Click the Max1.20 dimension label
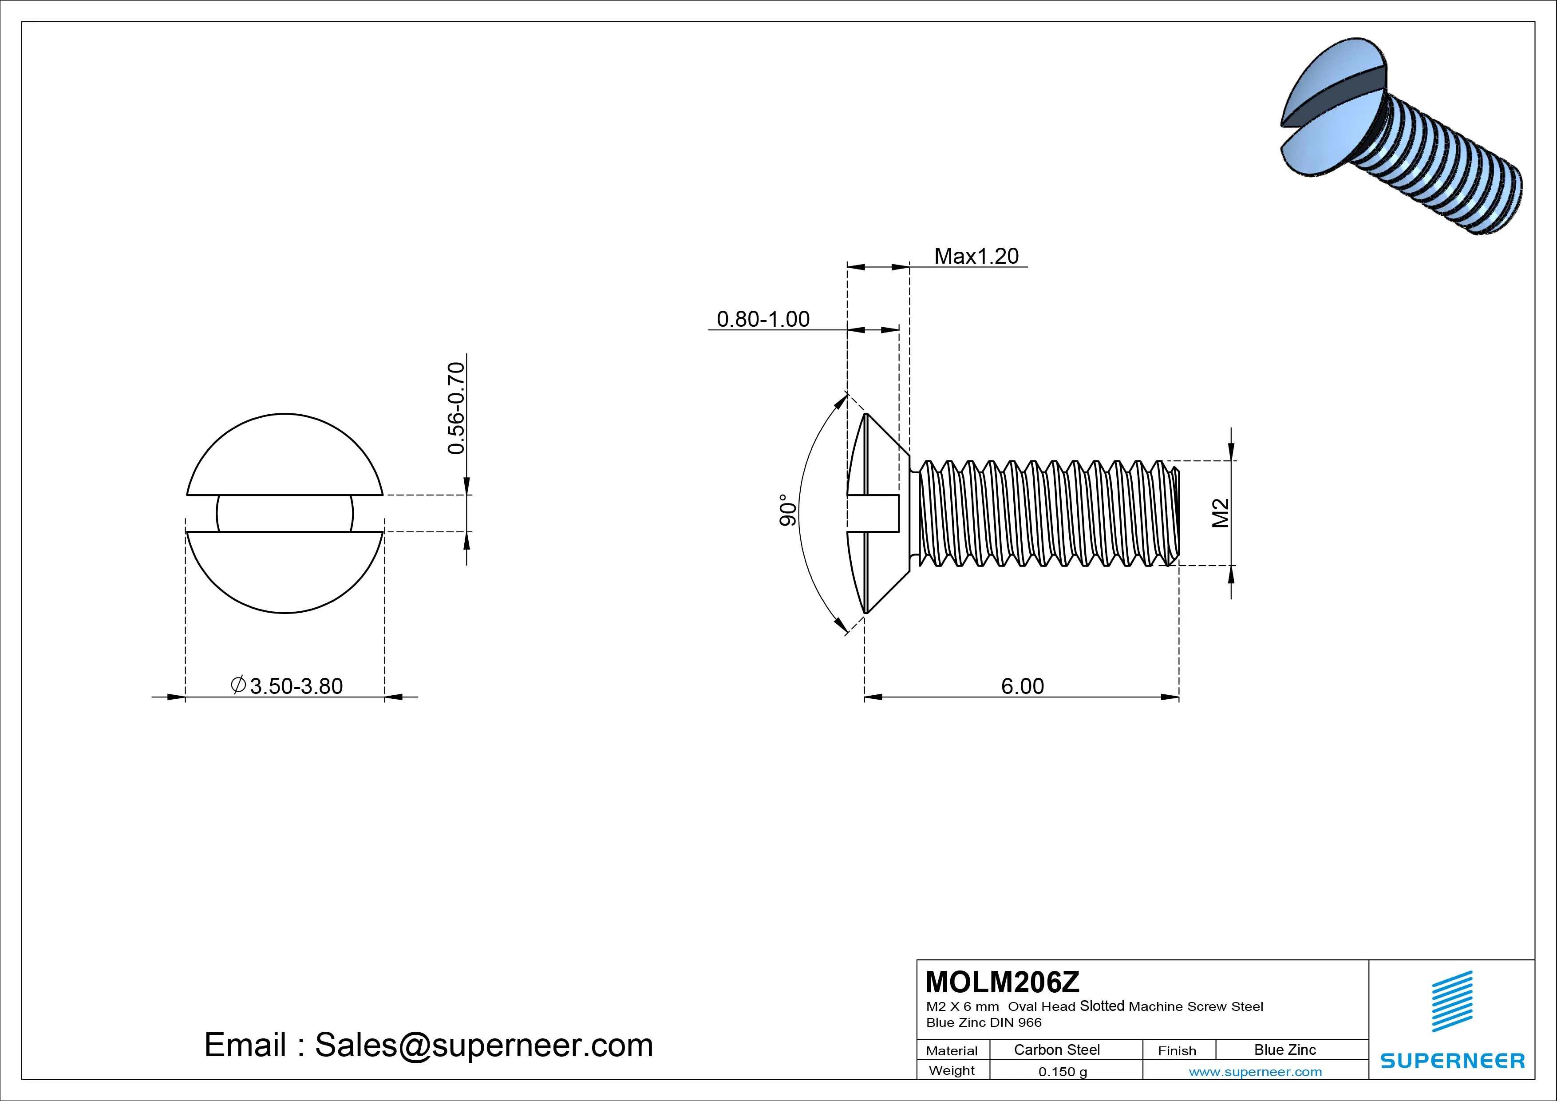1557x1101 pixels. pyautogui.click(x=976, y=257)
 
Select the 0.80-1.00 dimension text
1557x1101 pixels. pyautogui.click(x=763, y=320)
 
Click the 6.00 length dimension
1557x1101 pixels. pyautogui.click(x=1023, y=686)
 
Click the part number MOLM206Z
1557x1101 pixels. pyautogui.click(x=1002, y=982)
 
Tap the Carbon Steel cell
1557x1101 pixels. pyautogui.click(x=1056, y=1050)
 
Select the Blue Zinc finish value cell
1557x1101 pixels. pyautogui.click(x=1284, y=1050)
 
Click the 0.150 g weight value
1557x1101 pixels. pyautogui.click(x=1063, y=1072)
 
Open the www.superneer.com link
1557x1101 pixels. pyautogui.click(x=1255, y=1072)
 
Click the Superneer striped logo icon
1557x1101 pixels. pyautogui.click(x=1452, y=1001)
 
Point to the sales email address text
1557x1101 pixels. pyautogui.click(x=429, y=1045)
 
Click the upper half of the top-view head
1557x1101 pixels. pyautogui.click(x=285, y=455)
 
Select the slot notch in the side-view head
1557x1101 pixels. pyautogui.click(x=875, y=513)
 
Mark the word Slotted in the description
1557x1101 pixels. pyautogui.click(x=1102, y=1006)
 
